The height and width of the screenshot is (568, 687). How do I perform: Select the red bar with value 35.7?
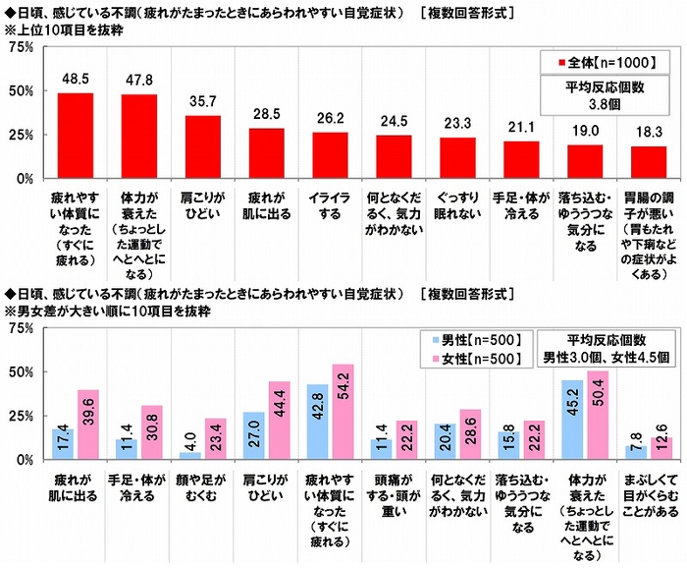point(203,147)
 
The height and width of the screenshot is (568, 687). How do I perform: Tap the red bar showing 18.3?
point(649,162)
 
